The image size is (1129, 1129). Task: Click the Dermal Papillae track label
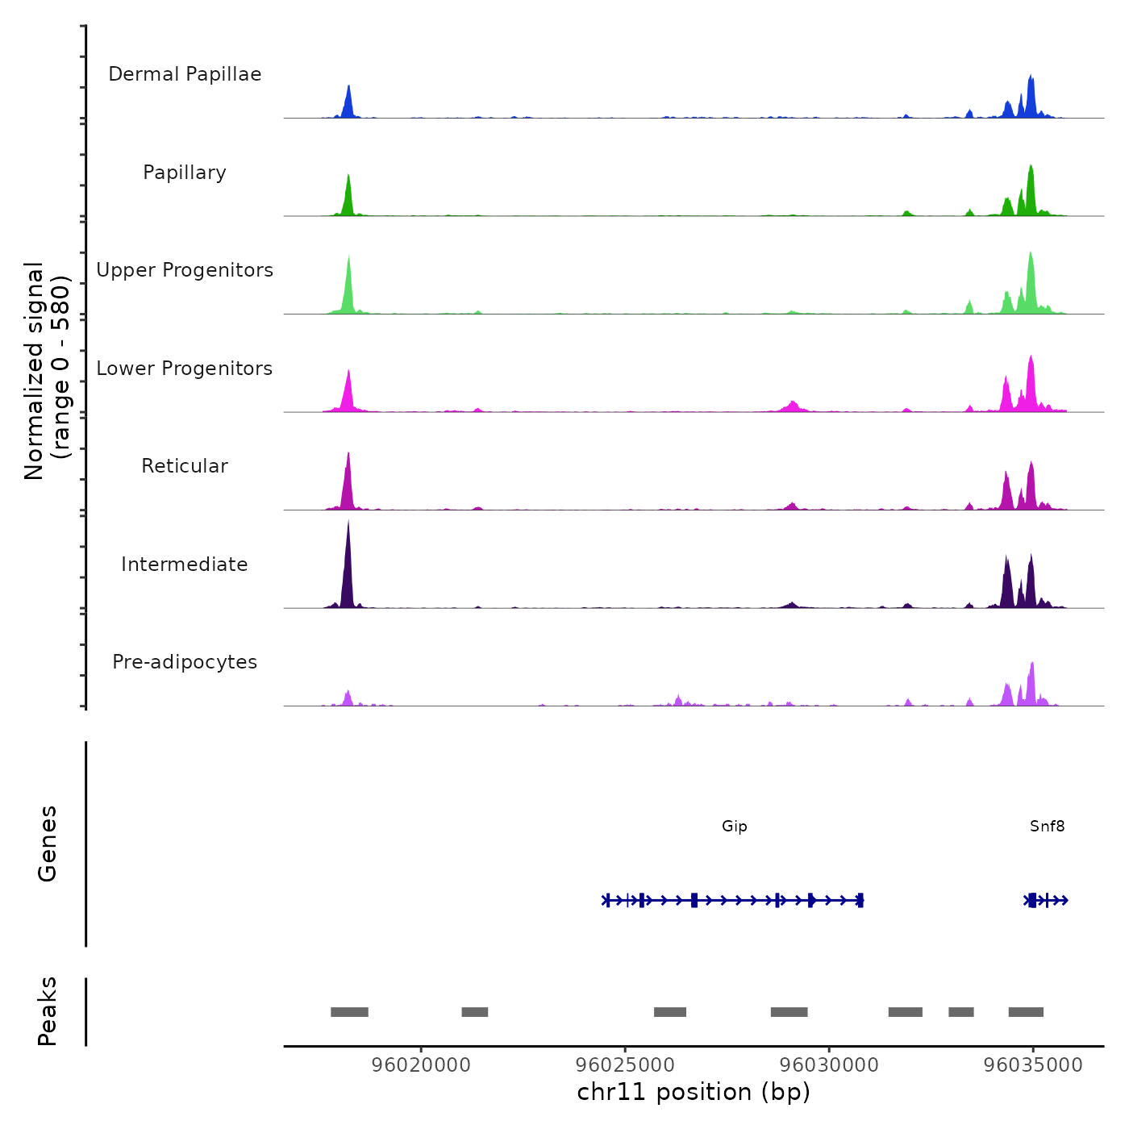coord(185,74)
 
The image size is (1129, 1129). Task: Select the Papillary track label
coord(185,173)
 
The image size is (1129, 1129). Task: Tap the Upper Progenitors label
coord(185,270)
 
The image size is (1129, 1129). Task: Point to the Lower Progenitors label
coord(185,369)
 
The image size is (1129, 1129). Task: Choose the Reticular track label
coord(185,466)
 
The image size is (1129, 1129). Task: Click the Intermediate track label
coord(185,564)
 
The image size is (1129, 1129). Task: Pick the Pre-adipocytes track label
coord(185,662)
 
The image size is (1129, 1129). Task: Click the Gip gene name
coord(735,826)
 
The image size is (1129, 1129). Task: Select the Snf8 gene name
coord(1047,826)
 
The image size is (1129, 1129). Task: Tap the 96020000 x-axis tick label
coord(421,1064)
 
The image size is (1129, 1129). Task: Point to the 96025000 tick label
coord(625,1064)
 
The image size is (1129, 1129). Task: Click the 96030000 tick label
coord(829,1064)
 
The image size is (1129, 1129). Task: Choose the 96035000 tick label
coord(1033,1064)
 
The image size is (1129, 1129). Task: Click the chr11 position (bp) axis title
coord(694,1092)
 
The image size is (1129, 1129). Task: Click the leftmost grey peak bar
coord(349,1012)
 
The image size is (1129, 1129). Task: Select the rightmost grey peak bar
coord(1026,1012)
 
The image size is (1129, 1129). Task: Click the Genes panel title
coord(48,844)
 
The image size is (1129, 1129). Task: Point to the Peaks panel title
coord(48,1011)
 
